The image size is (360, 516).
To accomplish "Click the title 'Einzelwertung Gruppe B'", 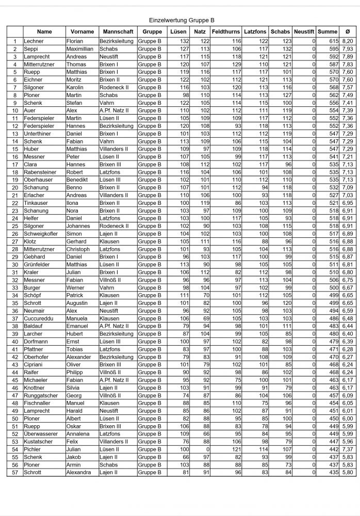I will coord(181,20).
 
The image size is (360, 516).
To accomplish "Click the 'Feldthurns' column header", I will coord(226,31).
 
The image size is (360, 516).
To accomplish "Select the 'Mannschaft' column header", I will coord(116,31).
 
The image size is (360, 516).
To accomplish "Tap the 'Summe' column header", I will coord(328,31).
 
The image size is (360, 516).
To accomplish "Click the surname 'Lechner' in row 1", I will coord(34,41).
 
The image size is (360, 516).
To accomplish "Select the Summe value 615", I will coord(332,41).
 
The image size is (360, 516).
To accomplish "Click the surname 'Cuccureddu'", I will coord(38,319).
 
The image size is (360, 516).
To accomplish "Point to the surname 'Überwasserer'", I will coord(41,434).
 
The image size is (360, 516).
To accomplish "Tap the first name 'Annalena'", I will coord(78,434).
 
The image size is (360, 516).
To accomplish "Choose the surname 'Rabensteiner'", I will coord(40,172).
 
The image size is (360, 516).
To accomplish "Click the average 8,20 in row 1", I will coord(348,41).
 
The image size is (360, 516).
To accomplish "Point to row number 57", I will coord(14,473).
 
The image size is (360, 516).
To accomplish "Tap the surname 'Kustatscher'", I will coord(38,442).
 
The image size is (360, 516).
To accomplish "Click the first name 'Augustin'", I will coord(78,303).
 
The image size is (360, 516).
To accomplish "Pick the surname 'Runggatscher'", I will coord(40,396).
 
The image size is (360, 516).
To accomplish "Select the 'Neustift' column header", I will coord(304,31).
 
